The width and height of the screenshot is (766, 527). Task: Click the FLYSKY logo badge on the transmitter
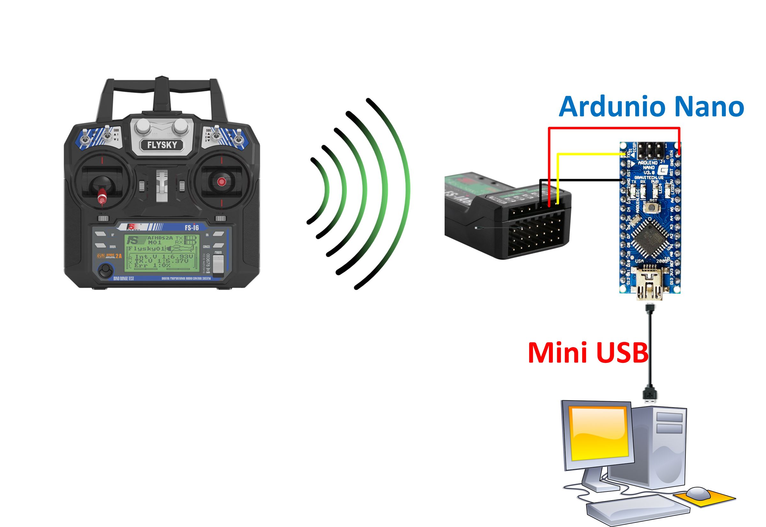(x=161, y=145)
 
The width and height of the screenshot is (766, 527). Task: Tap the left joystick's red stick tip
(x=102, y=198)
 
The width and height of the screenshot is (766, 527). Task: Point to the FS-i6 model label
(x=191, y=227)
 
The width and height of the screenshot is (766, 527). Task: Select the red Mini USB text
(x=588, y=353)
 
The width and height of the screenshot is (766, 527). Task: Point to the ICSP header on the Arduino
(x=650, y=151)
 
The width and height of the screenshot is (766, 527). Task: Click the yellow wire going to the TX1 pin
(x=587, y=154)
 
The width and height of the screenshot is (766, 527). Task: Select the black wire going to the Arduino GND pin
(x=581, y=180)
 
